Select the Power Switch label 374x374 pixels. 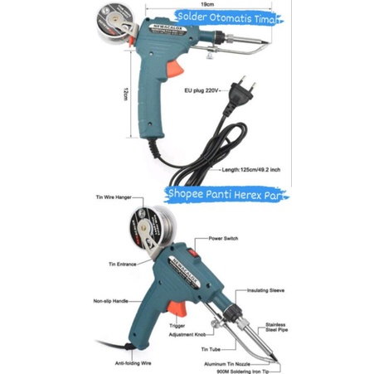(225, 237)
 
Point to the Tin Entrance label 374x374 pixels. (119, 265)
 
